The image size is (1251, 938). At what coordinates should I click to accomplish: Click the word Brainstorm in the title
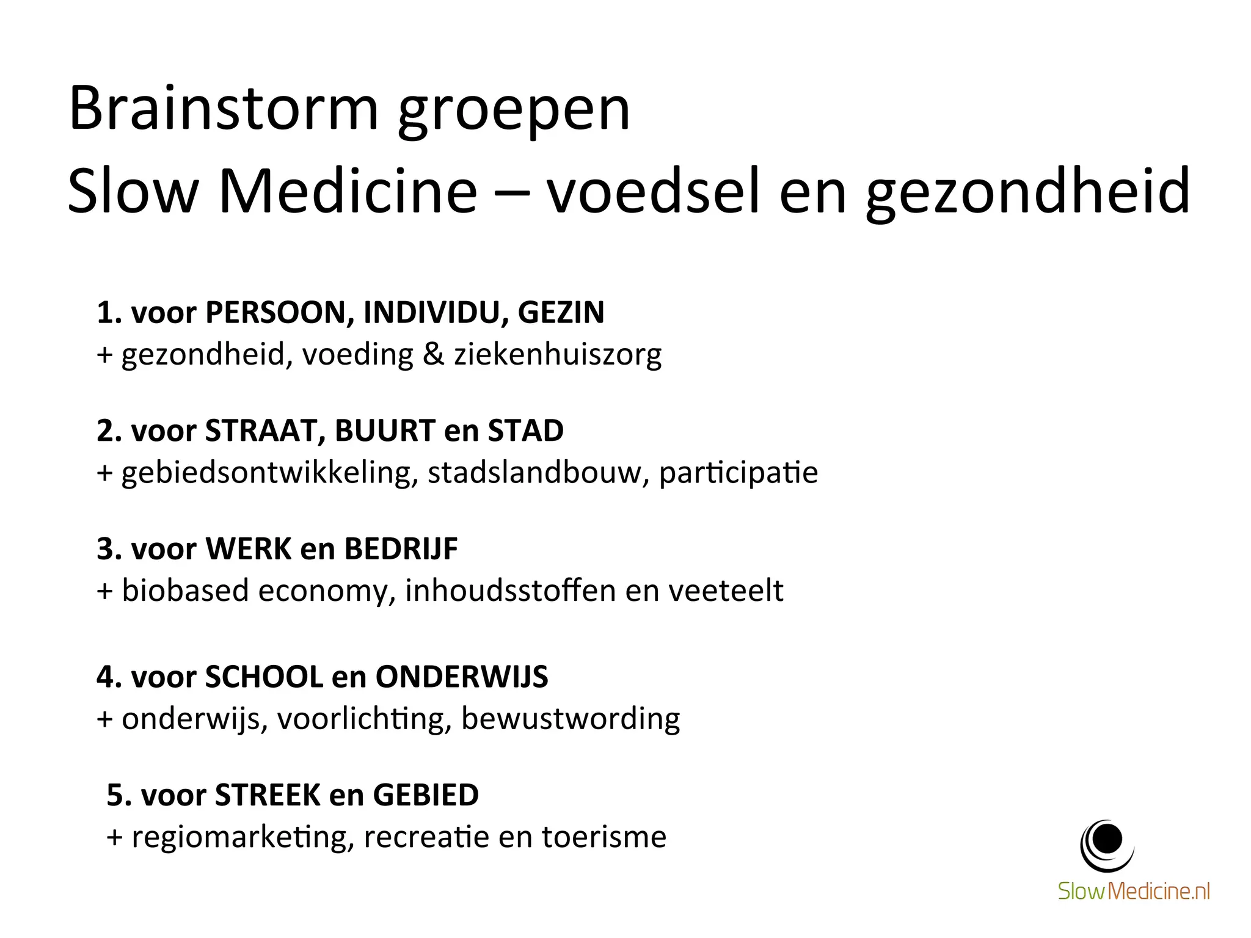tap(224, 109)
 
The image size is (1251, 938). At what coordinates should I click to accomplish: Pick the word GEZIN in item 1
tap(561, 313)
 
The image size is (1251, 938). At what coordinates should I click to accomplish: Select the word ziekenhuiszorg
tap(557, 355)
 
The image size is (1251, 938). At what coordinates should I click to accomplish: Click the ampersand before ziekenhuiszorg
tap(433, 354)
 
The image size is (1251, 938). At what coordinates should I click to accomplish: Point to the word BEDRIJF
tap(401, 549)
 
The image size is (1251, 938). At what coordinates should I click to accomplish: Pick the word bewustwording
tap(570, 719)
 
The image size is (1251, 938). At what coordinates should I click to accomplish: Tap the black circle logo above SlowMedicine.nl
tap(1107, 843)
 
